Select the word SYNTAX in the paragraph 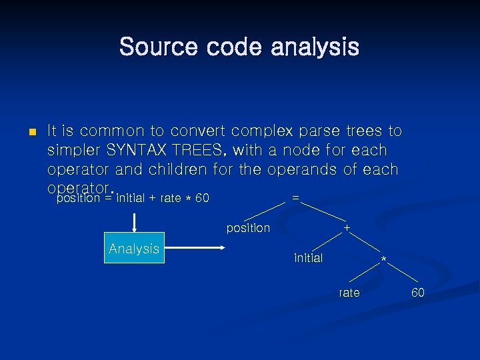[137, 151]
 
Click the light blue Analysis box [134, 249]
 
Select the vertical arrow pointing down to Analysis [134, 223]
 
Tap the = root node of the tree [295, 198]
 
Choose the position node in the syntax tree [248, 228]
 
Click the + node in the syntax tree [347, 228]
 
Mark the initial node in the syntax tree [308, 258]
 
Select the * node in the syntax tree [383, 259]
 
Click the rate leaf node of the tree [349, 293]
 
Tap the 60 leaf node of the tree [417, 293]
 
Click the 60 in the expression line [202, 198]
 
